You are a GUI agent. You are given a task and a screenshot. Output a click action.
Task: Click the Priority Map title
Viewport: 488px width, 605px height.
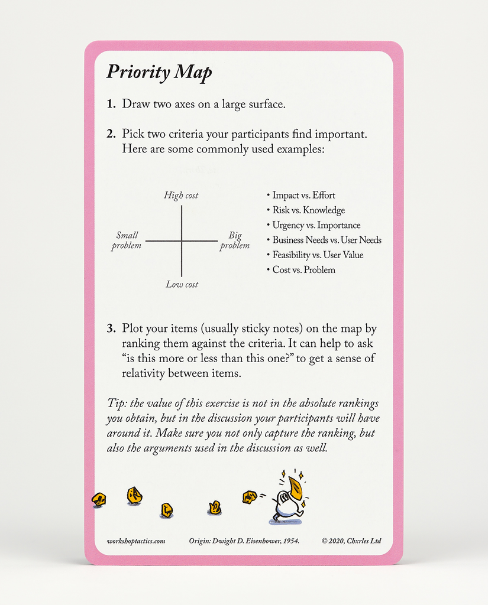[159, 72]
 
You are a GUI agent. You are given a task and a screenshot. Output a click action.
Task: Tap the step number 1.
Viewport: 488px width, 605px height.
[111, 104]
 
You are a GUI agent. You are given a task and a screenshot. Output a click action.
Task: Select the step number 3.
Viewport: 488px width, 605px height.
[111, 328]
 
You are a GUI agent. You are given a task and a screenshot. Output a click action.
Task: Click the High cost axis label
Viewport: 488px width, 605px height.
[181, 196]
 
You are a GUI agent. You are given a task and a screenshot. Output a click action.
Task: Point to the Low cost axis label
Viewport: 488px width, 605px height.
[182, 284]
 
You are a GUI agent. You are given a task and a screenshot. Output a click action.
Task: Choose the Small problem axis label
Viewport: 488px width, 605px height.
[127, 240]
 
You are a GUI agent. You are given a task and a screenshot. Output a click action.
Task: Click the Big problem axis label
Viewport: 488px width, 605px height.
[235, 240]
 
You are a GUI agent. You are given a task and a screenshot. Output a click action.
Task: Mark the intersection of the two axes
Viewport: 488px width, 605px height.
[182, 241]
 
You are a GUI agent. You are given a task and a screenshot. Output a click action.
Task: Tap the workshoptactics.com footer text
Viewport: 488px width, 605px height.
[136, 541]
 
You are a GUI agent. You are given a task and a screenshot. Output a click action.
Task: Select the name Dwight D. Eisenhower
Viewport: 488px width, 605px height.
[248, 541]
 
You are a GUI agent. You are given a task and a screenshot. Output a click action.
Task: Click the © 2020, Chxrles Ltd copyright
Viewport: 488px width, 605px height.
[351, 541]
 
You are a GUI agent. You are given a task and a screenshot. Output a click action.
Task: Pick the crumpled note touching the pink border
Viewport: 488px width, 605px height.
[99, 500]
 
